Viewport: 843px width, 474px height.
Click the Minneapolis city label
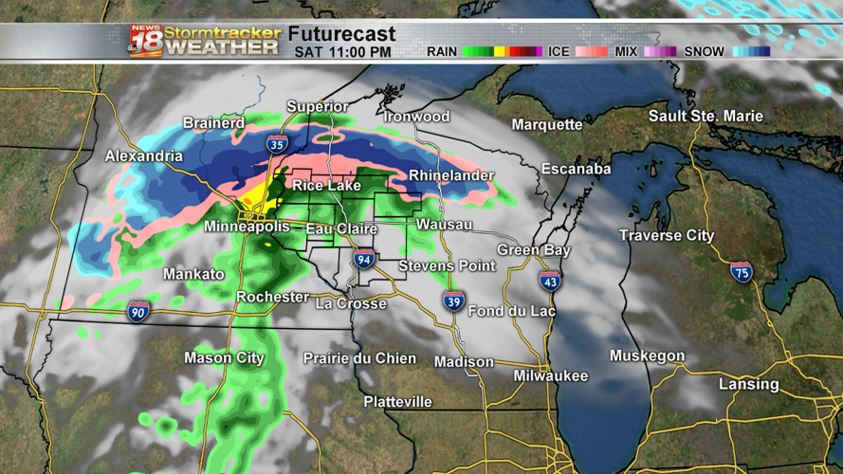click(x=246, y=228)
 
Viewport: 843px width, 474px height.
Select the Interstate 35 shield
click(x=277, y=145)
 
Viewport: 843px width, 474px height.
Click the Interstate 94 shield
click(x=364, y=258)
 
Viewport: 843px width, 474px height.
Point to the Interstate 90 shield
click(x=138, y=311)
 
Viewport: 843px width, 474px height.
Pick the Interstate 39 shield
click(x=453, y=301)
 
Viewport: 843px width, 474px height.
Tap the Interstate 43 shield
click(x=549, y=280)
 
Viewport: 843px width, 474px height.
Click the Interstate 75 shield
click(x=742, y=272)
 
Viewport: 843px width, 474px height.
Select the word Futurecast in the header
click(x=341, y=35)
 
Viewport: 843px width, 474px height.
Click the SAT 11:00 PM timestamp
click(x=342, y=52)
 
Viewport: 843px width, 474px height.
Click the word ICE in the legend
click(x=559, y=52)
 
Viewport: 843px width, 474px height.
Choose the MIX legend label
click(x=627, y=52)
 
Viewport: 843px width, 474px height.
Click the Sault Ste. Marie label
click(x=706, y=117)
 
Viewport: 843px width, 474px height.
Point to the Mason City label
click(x=225, y=358)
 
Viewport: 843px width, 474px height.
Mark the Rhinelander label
click(x=451, y=176)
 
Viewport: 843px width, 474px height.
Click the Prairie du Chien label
click(x=359, y=358)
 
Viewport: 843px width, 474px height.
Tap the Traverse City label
click(x=667, y=235)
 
